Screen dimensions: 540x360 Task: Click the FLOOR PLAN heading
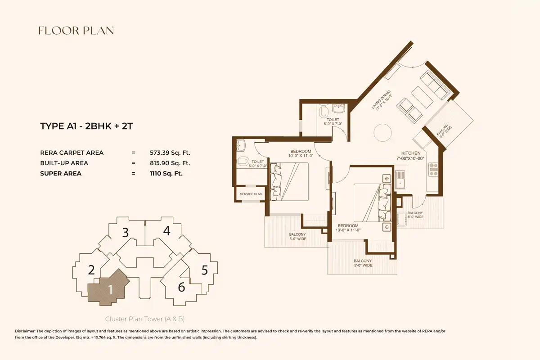click(76, 31)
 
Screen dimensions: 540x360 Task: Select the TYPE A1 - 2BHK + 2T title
click(86, 126)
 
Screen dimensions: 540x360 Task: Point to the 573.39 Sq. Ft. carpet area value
click(170, 153)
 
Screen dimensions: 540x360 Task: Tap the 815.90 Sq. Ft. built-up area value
click(170, 163)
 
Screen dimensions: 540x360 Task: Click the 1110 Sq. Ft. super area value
click(166, 173)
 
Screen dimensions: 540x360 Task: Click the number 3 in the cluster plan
click(126, 233)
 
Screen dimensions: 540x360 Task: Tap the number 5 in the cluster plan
click(205, 270)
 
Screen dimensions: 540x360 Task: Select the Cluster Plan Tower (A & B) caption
click(145, 319)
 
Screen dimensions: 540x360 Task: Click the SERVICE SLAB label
click(251, 194)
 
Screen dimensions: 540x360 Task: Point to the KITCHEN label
click(411, 153)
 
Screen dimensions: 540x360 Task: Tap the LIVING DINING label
click(381, 99)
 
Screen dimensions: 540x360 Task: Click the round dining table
click(382, 133)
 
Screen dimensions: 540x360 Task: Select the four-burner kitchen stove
click(433, 170)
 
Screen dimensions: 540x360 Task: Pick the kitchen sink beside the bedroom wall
click(400, 180)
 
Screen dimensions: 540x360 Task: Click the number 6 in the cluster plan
click(181, 287)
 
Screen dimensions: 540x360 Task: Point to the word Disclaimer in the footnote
click(25, 331)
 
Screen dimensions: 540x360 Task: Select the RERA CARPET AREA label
click(72, 153)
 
